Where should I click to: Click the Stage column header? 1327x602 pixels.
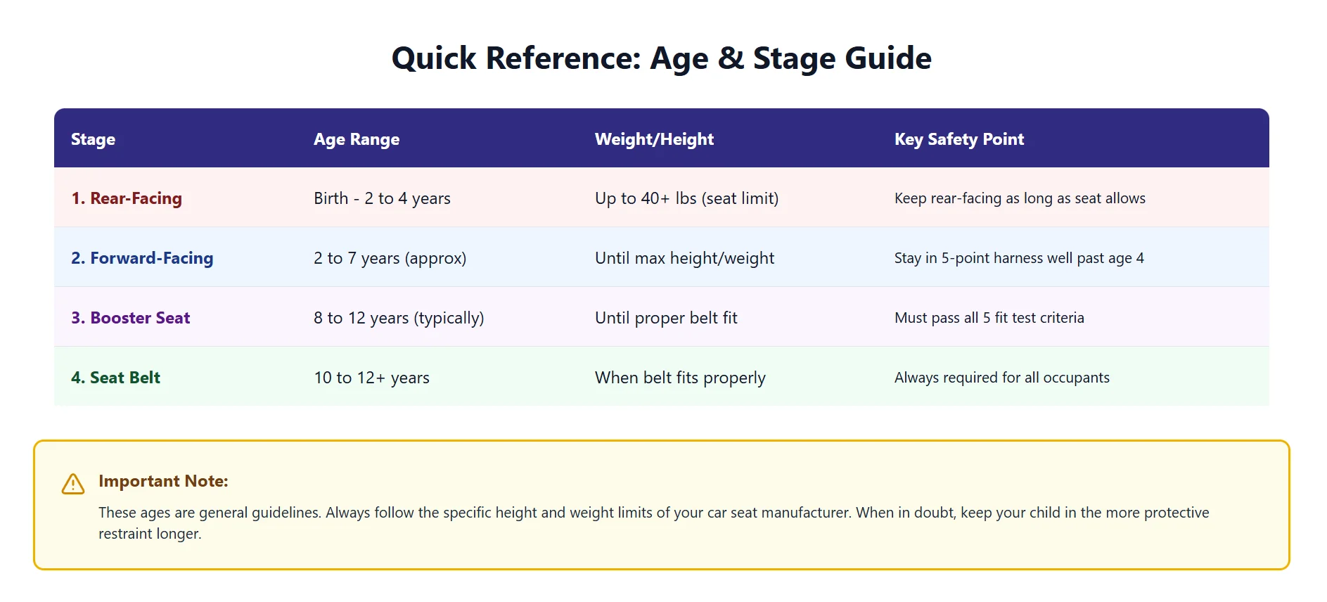pyautogui.click(x=93, y=139)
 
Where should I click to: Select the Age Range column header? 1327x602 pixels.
pyautogui.click(x=356, y=139)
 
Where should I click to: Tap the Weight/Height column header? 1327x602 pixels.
pyautogui.click(x=653, y=139)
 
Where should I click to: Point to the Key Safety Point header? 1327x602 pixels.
pyautogui.click(x=959, y=139)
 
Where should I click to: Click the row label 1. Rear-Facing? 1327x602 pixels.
pyautogui.click(x=127, y=198)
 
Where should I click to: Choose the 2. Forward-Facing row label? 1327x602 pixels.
pyautogui.click(x=142, y=258)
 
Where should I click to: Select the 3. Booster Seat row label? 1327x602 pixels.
pyautogui.click(x=130, y=318)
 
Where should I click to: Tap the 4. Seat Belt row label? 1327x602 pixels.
pyautogui.click(x=115, y=378)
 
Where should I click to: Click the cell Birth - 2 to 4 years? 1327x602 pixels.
pyautogui.click(x=382, y=198)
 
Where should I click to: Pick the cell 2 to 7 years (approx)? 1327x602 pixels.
pyautogui.click(x=390, y=258)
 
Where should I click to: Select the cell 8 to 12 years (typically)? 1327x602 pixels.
pyautogui.click(x=399, y=318)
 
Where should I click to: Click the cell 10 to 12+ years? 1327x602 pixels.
pyautogui.click(x=371, y=378)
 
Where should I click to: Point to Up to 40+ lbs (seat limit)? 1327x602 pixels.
pyautogui.click(x=686, y=198)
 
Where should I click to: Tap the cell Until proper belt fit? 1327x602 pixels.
pyautogui.click(x=666, y=318)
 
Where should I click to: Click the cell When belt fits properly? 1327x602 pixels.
pyautogui.click(x=680, y=378)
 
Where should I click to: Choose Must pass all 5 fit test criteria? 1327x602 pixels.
pyautogui.click(x=989, y=318)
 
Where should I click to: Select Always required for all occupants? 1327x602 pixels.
pyautogui.click(x=1001, y=378)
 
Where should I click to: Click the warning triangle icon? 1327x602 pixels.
pyautogui.click(x=73, y=484)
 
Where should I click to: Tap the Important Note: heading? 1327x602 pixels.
pyautogui.click(x=163, y=481)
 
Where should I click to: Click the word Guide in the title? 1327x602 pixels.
pyautogui.click(x=887, y=58)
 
